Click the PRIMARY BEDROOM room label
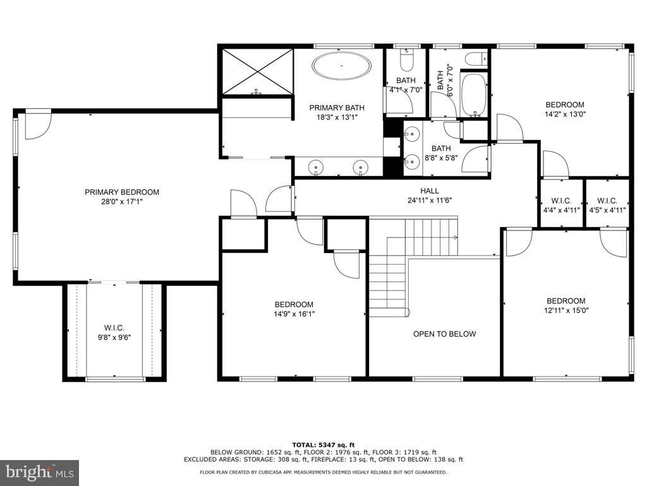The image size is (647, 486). (x=122, y=192)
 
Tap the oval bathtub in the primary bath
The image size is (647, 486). (x=342, y=66)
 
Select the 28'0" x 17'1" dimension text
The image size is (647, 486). (x=122, y=202)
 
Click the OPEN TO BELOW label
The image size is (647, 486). (x=444, y=334)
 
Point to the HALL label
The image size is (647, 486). (x=430, y=190)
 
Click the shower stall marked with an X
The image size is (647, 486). (x=257, y=70)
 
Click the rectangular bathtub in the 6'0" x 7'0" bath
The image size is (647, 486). (x=473, y=95)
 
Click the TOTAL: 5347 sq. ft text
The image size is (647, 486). (x=323, y=444)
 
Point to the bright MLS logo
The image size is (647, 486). (x=39, y=472)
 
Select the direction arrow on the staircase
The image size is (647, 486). (x=454, y=237)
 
